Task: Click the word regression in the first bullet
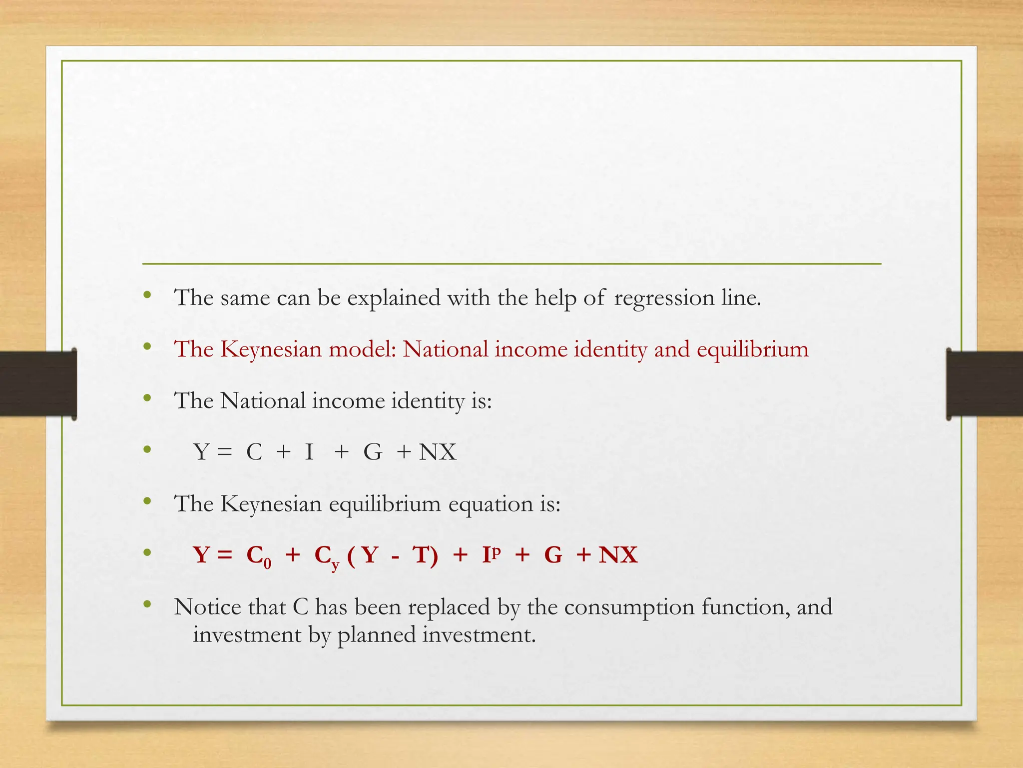point(664,298)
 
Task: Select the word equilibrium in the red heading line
point(752,350)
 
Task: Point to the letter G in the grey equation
point(373,452)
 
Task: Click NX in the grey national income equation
point(438,452)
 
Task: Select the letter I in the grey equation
point(310,452)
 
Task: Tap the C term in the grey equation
point(254,452)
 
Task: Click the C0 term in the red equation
point(259,556)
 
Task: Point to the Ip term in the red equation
point(491,554)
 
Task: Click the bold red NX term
point(618,555)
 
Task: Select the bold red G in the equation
point(553,555)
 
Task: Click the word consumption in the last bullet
point(629,608)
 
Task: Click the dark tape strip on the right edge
point(985,383)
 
